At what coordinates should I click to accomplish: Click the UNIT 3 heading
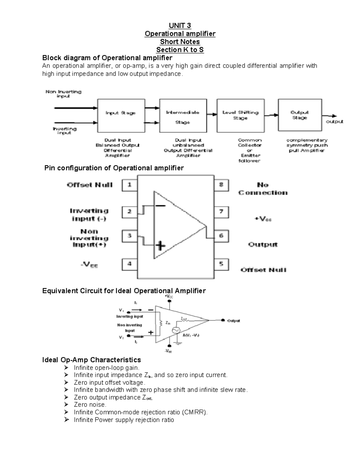(x=180, y=26)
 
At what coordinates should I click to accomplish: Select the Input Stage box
(x=121, y=116)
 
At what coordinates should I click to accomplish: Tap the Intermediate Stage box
(x=183, y=116)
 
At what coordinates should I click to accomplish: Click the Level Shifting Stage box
(x=240, y=116)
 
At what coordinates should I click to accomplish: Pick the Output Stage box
(x=300, y=115)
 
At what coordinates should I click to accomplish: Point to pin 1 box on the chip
(x=129, y=185)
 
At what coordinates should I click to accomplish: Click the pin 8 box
(x=221, y=185)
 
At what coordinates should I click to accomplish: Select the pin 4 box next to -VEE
(x=129, y=264)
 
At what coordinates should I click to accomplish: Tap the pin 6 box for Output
(x=221, y=236)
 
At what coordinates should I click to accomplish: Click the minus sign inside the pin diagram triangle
(x=160, y=206)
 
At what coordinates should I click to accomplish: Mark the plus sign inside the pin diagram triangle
(x=161, y=246)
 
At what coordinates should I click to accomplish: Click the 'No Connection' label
(x=263, y=189)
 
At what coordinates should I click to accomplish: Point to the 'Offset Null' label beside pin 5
(x=263, y=270)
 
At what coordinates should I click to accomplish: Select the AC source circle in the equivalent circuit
(x=175, y=330)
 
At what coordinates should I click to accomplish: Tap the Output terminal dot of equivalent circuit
(x=223, y=320)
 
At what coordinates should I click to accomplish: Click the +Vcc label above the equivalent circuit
(x=169, y=296)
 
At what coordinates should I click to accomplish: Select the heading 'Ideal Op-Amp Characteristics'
(x=91, y=360)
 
